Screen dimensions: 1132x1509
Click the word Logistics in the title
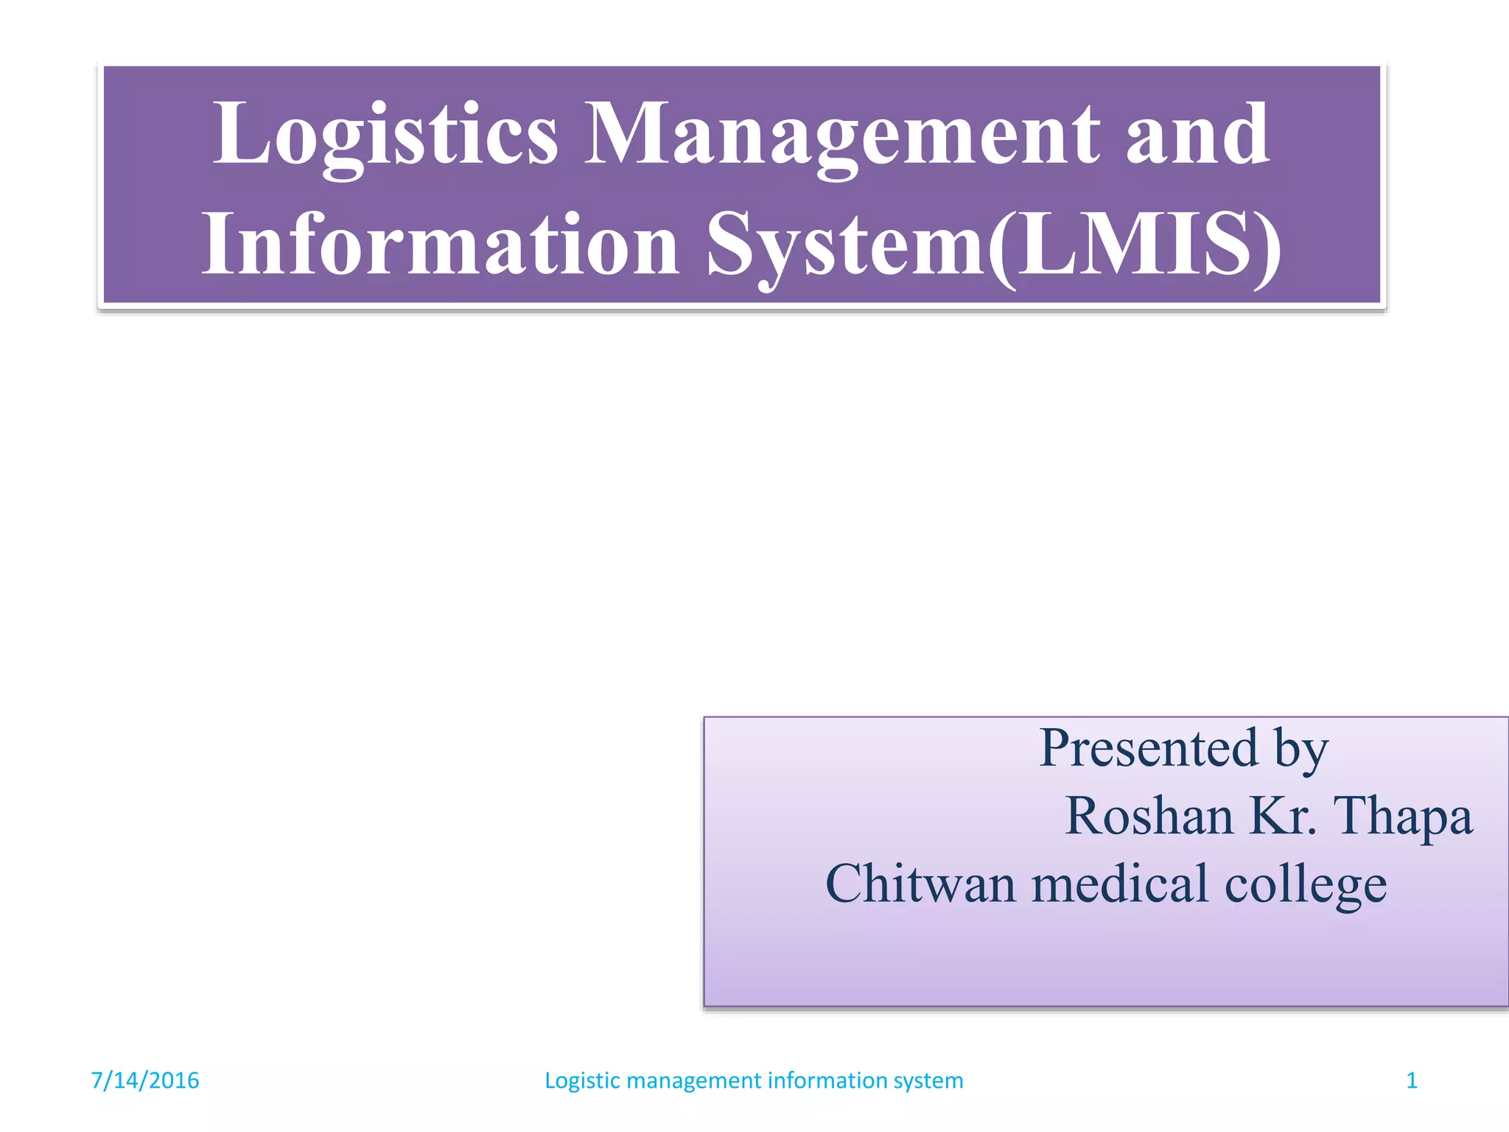(385, 134)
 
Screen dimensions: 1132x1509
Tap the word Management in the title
(841, 134)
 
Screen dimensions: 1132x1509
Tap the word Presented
(1149, 748)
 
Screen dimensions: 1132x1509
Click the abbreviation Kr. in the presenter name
(1284, 816)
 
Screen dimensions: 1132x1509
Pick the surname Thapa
(1404, 816)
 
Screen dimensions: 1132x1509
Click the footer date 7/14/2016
(144, 1080)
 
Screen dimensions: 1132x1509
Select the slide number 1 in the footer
(1412, 1080)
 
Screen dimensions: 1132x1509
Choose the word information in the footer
(828, 1080)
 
